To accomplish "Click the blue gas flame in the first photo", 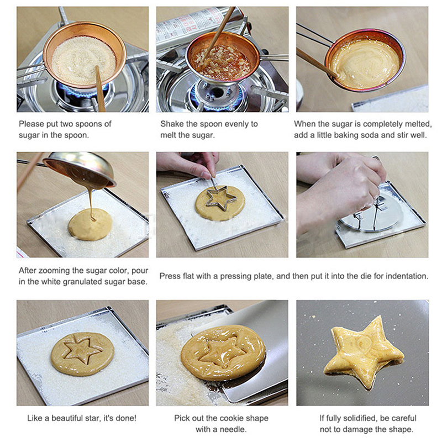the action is [82, 90].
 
